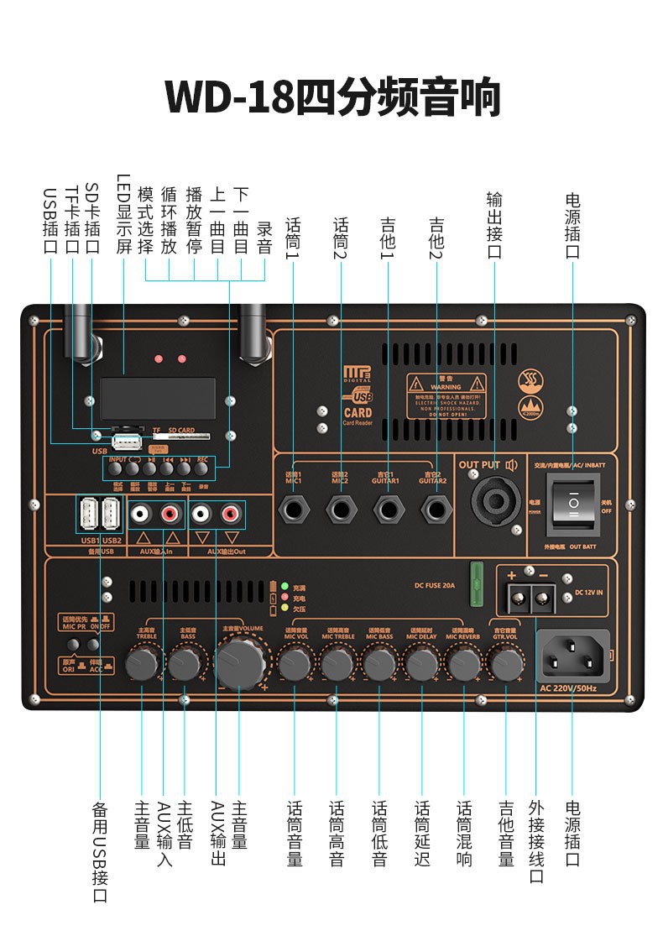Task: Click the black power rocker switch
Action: [x=574, y=503]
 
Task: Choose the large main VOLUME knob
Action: [x=239, y=662]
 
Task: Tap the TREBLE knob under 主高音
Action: [x=142, y=664]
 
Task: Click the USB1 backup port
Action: [x=89, y=513]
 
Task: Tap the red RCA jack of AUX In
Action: [x=172, y=511]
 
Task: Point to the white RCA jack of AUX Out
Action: [x=201, y=511]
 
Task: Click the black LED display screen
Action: [x=157, y=395]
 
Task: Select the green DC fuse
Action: [x=477, y=583]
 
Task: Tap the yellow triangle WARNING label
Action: [x=446, y=395]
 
